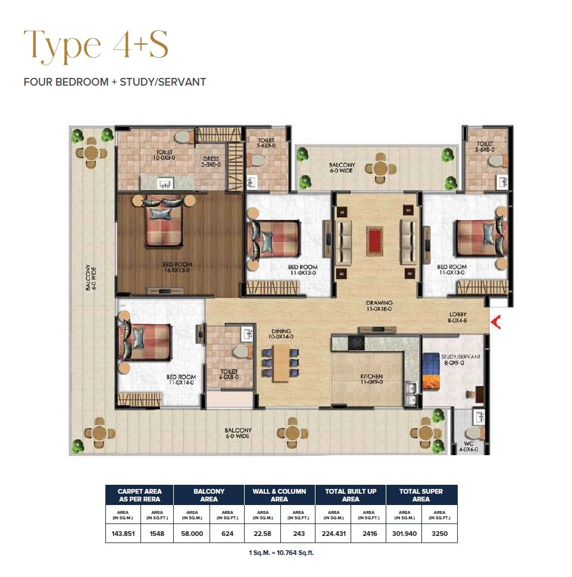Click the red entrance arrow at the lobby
point(495,322)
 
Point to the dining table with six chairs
point(281,362)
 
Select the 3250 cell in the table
point(439,534)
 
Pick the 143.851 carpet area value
point(123,534)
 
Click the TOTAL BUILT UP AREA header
point(351,495)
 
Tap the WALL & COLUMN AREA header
point(279,495)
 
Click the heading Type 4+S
point(95,45)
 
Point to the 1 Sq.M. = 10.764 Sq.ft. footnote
point(281,553)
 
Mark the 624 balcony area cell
point(226,534)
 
